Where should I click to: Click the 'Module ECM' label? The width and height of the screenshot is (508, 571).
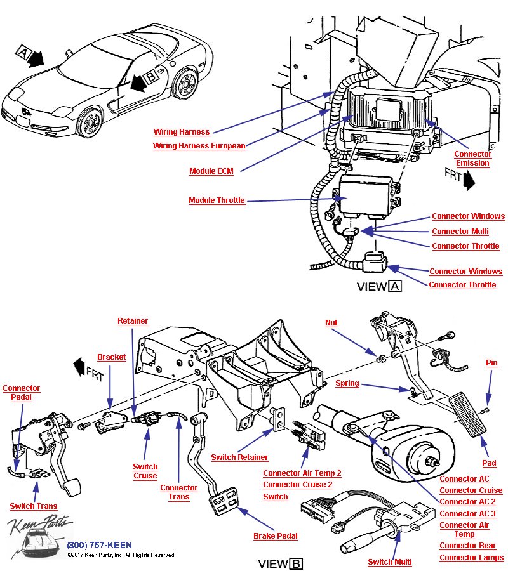[x=211, y=171]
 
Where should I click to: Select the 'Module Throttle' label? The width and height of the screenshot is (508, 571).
[x=217, y=200]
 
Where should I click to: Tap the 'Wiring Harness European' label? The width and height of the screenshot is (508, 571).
[x=199, y=146]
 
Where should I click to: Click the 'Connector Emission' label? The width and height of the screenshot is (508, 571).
[x=472, y=159]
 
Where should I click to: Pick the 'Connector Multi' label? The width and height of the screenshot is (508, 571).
[x=460, y=232]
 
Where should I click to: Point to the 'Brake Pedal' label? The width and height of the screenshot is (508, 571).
[x=275, y=536]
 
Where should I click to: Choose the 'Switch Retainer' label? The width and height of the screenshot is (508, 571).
[x=239, y=457]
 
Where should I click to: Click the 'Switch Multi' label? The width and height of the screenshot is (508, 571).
[x=389, y=561]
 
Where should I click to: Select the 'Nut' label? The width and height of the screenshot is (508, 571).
[x=331, y=323]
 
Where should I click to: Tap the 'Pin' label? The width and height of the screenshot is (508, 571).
[x=492, y=363]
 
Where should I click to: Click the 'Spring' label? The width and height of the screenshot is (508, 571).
[x=347, y=383]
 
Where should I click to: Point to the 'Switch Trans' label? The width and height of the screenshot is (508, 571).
[x=33, y=506]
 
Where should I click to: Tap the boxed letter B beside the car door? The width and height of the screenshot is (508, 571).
[x=150, y=77]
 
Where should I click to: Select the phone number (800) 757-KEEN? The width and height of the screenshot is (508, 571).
[x=99, y=546]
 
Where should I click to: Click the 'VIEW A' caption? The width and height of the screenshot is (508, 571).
[x=379, y=286]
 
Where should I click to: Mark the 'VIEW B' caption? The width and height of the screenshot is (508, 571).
[x=280, y=563]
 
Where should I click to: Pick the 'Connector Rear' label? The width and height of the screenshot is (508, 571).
[x=467, y=546]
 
